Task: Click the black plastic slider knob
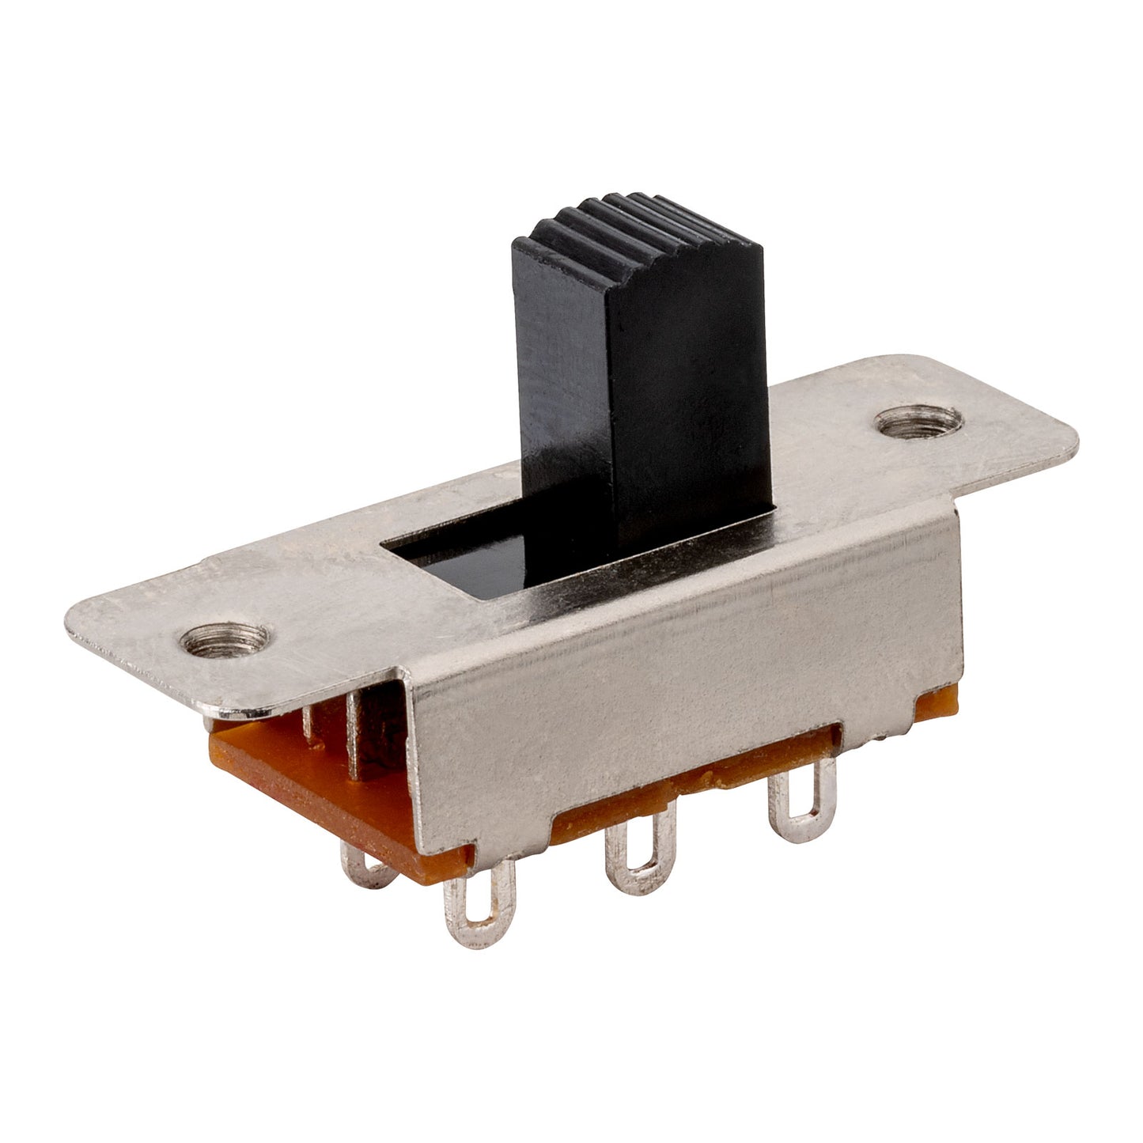pyautogui.click(x=641, y=396)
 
